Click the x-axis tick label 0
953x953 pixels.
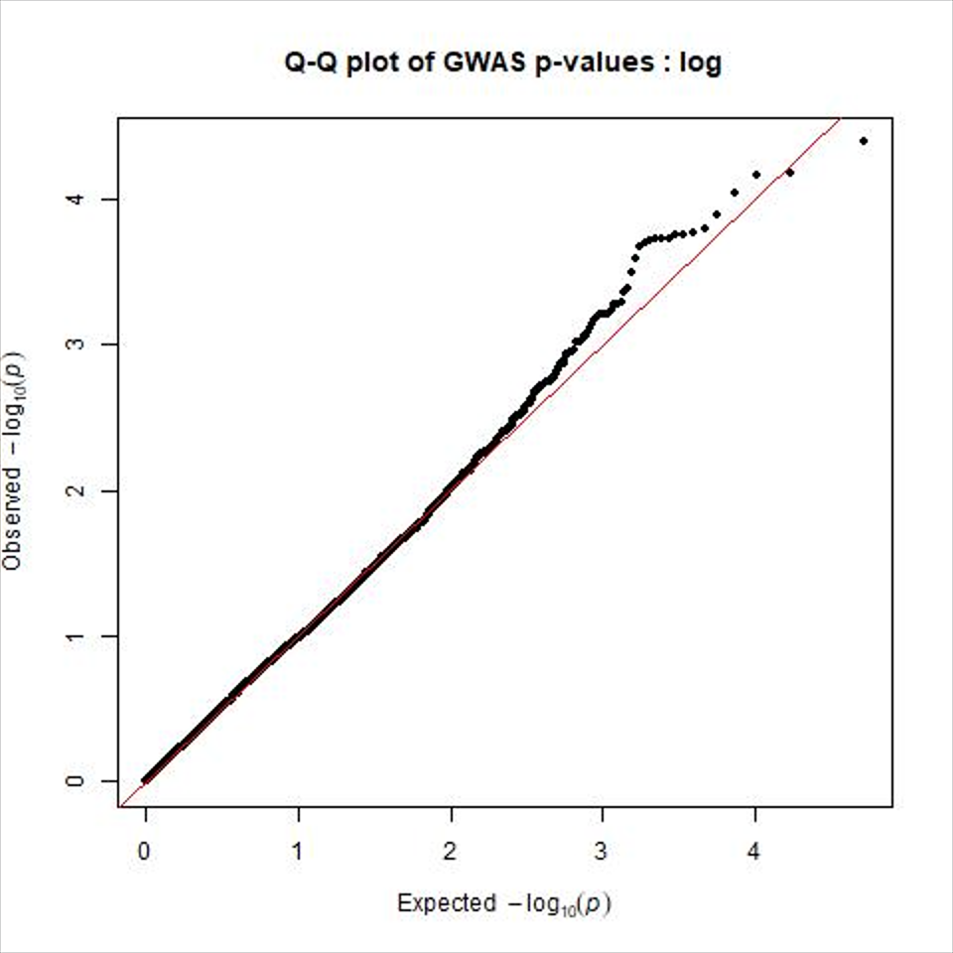pos(146,852)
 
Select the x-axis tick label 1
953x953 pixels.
pos(298,852)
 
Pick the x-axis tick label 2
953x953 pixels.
pos(451,852)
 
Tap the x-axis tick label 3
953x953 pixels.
pos(603,852)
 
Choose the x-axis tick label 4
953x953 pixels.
pos(754,852)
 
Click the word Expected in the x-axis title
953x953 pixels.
pos(445,902)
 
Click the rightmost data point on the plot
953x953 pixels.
pos(864,141)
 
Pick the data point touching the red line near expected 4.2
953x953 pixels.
pos(790,172)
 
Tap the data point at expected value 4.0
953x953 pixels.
pos(756,175)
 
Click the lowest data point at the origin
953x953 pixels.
pos(146,780)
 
